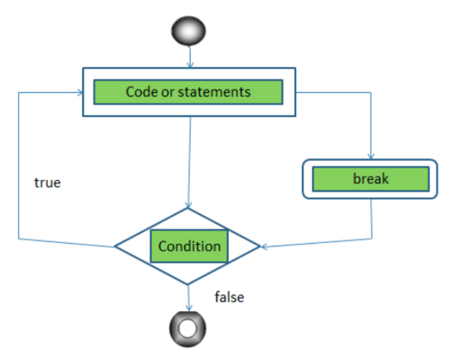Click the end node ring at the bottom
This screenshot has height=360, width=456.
point(190,328)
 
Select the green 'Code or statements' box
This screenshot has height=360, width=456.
point(188,92)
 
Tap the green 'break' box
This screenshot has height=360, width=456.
point(371,178)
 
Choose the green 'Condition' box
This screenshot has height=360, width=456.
point(190,246)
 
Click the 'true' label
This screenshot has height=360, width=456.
point(47,182)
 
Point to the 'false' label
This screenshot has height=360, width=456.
point(229,296)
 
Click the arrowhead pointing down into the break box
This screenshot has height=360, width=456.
point(371,155)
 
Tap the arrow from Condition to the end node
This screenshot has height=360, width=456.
point(190,294)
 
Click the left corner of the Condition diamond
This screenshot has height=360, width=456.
point(115,246)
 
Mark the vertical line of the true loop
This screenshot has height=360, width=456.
point(18,166)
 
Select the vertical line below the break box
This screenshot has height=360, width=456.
point(371,220)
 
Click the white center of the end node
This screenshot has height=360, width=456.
point(190,328)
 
